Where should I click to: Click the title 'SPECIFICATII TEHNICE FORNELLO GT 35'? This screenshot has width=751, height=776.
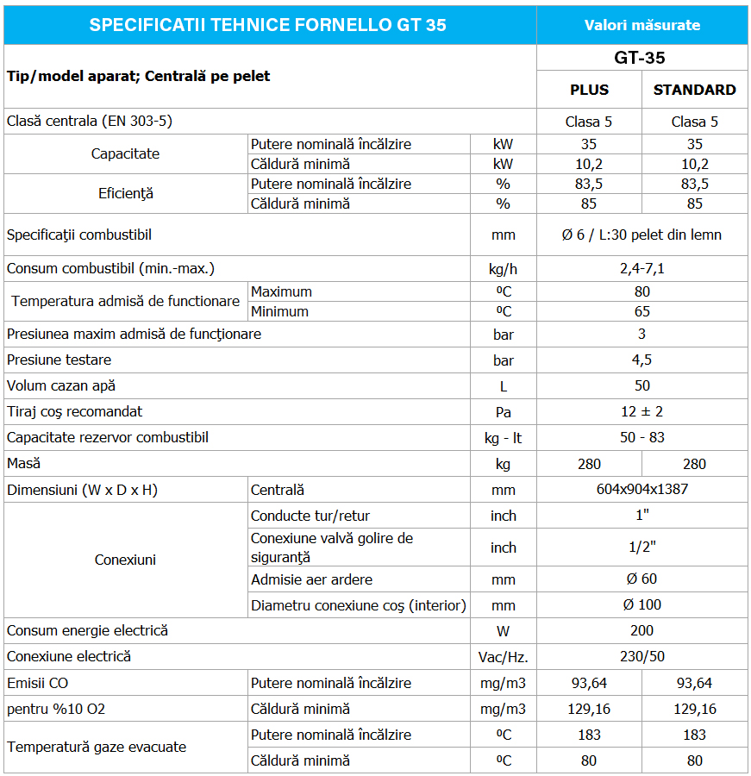(268, 25)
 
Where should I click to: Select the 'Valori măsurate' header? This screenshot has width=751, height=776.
(642, 25)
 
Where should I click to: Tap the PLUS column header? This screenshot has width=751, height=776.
(590, 90)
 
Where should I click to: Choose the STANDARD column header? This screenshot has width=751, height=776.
(695, 90)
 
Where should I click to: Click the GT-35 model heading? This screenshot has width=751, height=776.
(641, 59)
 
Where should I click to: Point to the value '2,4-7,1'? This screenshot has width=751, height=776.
(642, 268)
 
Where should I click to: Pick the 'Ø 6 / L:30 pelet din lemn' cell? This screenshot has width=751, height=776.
(642, 235)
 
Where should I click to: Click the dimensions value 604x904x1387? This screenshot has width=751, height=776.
(642, 490)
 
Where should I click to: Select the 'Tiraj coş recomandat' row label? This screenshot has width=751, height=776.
(75, 411)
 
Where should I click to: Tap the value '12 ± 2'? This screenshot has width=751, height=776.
(642, 411)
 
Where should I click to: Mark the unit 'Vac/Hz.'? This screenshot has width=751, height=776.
(504, 657)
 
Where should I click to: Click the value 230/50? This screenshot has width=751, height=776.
(642, 656)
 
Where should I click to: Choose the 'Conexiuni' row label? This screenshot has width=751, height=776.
(125, 560)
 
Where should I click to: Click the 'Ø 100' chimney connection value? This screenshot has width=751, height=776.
(642, 604)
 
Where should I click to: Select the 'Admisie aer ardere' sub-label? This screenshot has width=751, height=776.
(312, 579)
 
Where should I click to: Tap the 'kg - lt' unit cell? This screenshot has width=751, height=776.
(504, 438)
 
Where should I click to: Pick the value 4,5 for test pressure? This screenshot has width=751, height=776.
(642, 360)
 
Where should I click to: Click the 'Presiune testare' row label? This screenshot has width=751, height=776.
(59, 360)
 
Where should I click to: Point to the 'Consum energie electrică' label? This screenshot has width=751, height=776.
(87, 630)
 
